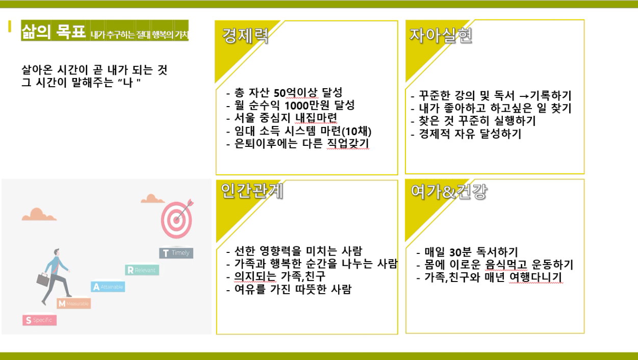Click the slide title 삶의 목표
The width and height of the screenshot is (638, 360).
(54, 31)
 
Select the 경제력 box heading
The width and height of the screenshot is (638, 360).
(245, 36)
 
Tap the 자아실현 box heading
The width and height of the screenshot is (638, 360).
(441, 36)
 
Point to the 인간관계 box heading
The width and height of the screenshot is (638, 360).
(252, 191)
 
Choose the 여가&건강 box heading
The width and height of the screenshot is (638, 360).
(449, 191)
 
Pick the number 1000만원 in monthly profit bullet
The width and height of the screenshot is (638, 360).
(307, 106)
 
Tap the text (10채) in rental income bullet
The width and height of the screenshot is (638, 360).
(356, 131)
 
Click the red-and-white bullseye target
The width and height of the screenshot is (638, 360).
(176, 219)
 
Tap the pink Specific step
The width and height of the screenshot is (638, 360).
(40, 320)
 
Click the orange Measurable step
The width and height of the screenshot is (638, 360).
(74, 303)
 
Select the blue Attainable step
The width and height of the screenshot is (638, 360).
(108, 287)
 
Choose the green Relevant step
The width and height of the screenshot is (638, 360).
(142, 270)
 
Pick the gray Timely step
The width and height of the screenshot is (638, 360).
(176, 253)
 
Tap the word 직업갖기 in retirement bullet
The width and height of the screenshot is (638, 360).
(348, 144)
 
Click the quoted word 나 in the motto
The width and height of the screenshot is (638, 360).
(129, 82)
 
